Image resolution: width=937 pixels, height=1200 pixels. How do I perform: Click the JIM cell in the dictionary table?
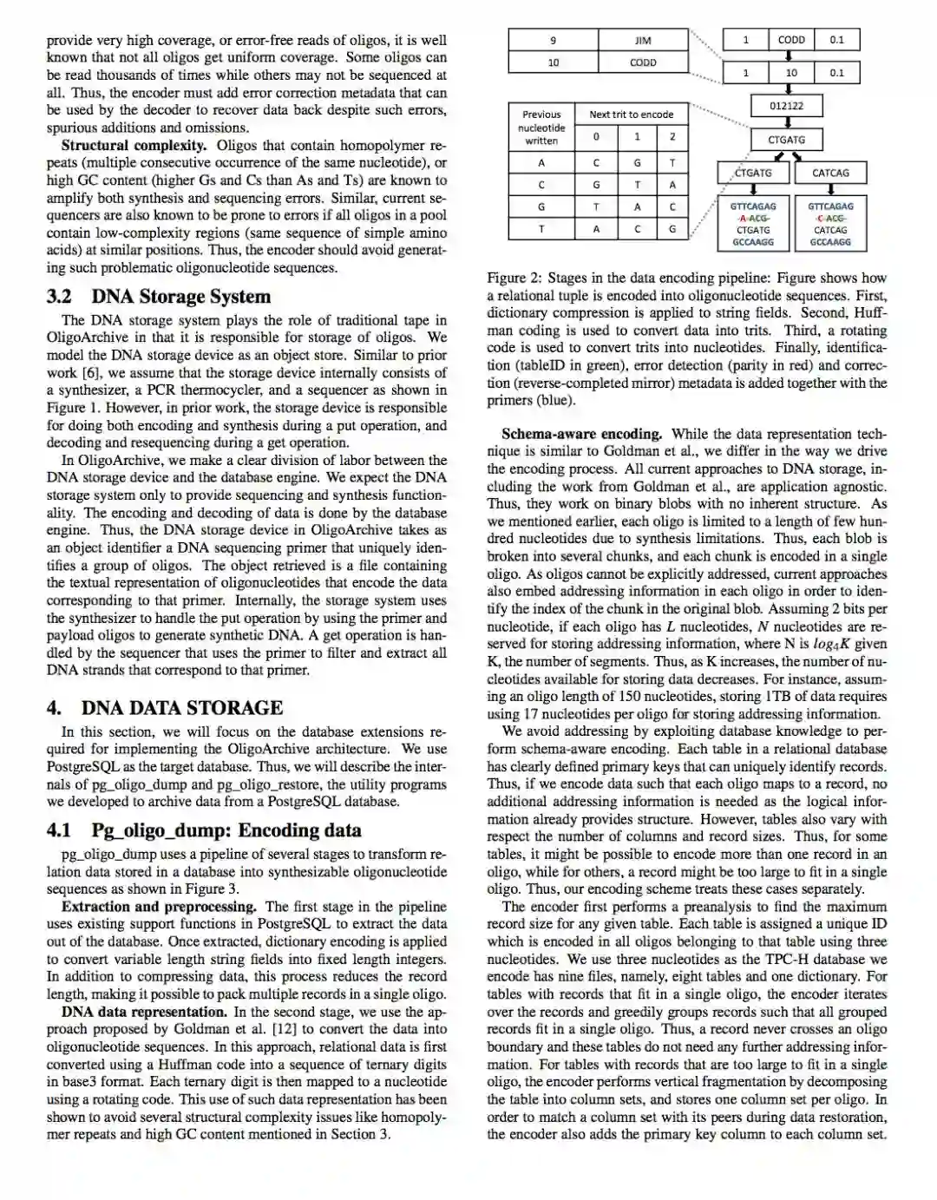643,40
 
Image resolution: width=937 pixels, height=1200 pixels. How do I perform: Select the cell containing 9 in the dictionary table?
553,40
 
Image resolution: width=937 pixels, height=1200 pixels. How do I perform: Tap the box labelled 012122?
786,106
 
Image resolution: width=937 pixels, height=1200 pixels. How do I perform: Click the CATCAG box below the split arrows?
830,173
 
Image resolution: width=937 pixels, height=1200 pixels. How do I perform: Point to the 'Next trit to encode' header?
631,114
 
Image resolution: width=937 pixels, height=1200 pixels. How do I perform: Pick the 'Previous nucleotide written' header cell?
541,127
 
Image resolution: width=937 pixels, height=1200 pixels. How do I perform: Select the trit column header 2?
672,137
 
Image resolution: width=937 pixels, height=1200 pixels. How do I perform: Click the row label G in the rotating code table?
541,207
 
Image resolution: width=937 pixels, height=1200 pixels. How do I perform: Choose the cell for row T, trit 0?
596,229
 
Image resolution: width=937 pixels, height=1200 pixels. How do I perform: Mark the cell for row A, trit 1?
637,162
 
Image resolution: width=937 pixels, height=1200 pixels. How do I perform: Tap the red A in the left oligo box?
744,219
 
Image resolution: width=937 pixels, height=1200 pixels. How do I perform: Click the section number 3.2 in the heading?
59,297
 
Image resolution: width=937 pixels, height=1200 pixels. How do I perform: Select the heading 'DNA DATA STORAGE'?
182,708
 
